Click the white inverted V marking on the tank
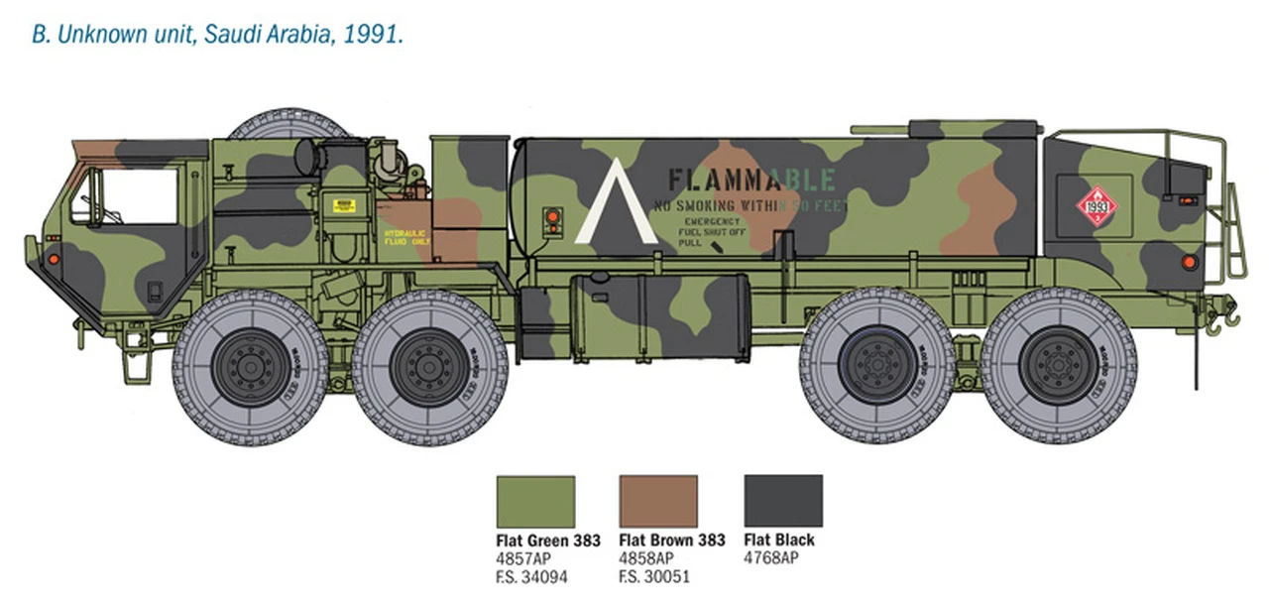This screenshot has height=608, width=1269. (616, 203)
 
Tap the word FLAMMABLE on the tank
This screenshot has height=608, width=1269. (750, 180)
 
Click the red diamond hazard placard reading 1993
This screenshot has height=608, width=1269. (1096, 207)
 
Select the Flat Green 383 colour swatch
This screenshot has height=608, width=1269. (535, 501)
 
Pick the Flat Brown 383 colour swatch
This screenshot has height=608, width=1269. (658, 501)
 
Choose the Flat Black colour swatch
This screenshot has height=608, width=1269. (783, 501)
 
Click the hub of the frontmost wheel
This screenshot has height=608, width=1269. (250, 367)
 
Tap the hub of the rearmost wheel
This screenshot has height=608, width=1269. (1059, 365)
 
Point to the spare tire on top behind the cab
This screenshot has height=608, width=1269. (288, 123)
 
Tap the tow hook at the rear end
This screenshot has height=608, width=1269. (1229, 316)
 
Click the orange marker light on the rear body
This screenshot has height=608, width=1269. (1189, 262)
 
